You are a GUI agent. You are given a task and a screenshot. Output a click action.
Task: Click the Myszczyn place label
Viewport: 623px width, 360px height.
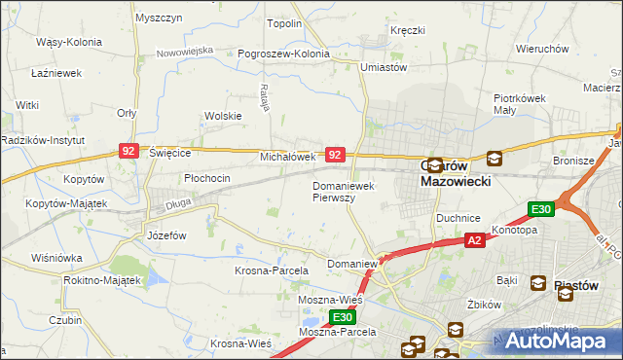pyautogui.click(x=160, y=18)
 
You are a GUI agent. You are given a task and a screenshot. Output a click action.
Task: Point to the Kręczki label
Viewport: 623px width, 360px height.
pyautogui.click(x=408, y=31)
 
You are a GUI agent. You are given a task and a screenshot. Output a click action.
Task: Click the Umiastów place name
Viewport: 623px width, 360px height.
pyautogui.click(x=383, y=67)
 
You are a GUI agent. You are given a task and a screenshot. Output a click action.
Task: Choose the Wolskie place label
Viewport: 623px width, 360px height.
pyautogui.click(x=222, y=116)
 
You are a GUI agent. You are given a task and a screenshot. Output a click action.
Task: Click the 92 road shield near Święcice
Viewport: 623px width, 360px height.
pyautogui.click(x=128, y=150)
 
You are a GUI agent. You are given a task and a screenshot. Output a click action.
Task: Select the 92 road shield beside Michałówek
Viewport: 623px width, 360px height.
pyautogui.click(x=335, y=155)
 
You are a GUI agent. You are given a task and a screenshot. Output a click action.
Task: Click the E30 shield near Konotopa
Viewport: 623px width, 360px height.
pyautogui.click(x=542, y=209)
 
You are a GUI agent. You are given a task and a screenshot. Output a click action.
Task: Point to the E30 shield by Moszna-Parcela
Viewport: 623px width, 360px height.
pyautogui.click(x=341, y=317)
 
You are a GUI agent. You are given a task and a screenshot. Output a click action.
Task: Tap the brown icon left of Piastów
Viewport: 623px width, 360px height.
pyautogui.click(x=538, y=283)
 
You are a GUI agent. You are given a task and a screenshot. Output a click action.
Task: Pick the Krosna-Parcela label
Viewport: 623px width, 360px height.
pyautogui.click(x=272, y=270)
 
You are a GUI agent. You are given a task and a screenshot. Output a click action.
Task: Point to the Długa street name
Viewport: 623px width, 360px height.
pyautogui.click(x=177, y=203)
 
